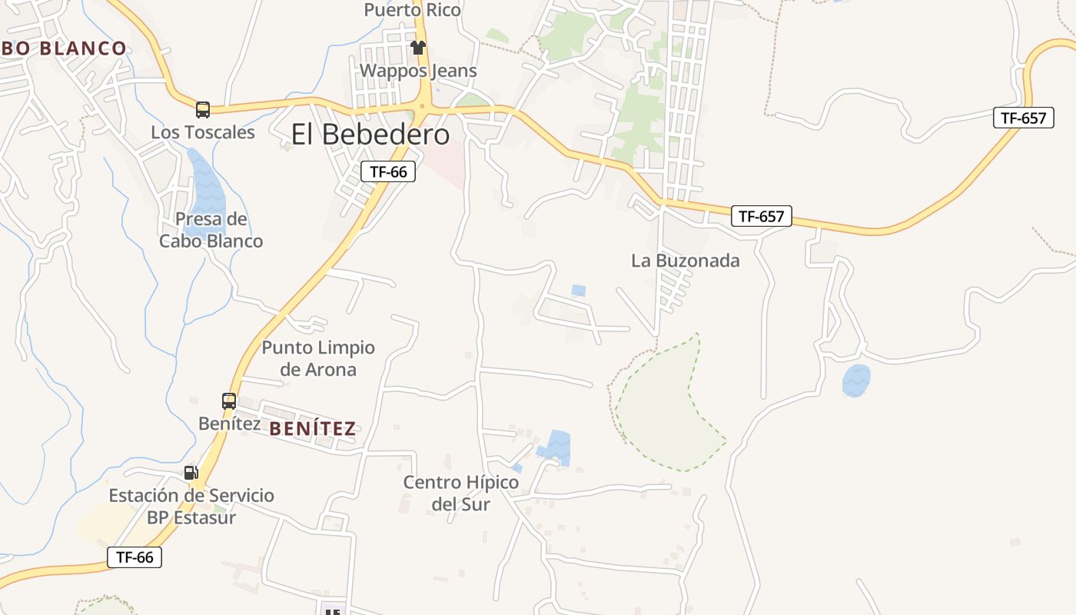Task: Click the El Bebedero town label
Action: [x=370, y=135]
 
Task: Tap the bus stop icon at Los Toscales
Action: [x=203, y=110]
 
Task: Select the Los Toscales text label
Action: [x=203, y=132]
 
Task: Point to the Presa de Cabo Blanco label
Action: [x=211, y=230]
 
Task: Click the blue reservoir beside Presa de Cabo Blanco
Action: [x=206, y=184]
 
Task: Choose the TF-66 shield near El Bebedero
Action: [x=388, y=171]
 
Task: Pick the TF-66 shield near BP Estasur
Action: [x=134, y=557]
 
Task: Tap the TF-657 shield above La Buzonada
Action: [x=761, y=216]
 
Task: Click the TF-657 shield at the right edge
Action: [x=1024, y=118]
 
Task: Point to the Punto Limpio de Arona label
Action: [x=318, y=358]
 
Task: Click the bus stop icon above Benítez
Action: [x=229, y=401]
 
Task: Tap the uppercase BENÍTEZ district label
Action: [x=313, y=429]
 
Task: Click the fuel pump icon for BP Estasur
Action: [x=191, y=472]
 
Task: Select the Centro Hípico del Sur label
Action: [x=461, y=493]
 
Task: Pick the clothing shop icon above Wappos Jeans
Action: [x=418, y=48]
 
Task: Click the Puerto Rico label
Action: [x=413, y=10]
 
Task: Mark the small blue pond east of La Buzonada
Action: [x=856, y=381]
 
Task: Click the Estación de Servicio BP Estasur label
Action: [x=191, y=506]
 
